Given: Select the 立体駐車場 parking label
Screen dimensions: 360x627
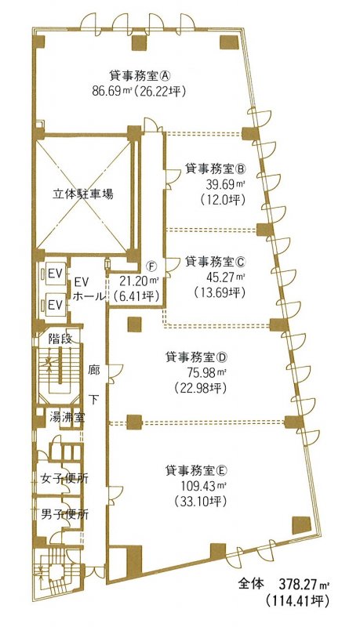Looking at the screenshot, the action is click(83, 194).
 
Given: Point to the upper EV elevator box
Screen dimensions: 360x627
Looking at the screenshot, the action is click(54, 274).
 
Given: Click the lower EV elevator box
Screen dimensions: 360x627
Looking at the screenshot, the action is click(54, 305).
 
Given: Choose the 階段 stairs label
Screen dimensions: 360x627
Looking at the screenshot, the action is click(60, 339).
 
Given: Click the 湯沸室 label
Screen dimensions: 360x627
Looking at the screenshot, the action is click(66, 418).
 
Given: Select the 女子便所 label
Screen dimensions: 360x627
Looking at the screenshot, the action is click(64, 478).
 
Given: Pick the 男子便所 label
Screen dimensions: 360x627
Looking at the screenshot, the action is click(64, 514).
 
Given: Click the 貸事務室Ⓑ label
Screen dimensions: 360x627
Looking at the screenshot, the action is click(215, 169).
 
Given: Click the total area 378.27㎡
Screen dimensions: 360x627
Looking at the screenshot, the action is click(303, 585).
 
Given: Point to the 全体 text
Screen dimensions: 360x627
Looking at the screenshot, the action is click(251, 584).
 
